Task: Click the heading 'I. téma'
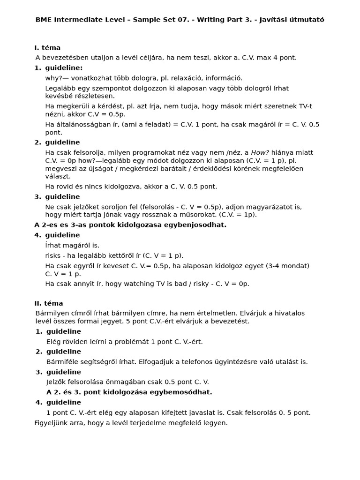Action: tap(47, 48)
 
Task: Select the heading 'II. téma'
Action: tap(49, 303)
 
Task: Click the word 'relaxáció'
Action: tap(176, 78)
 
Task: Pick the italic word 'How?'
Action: tap(260, 152)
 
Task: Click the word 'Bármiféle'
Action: tap(62, 361)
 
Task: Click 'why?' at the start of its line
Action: tap(53, 78)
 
